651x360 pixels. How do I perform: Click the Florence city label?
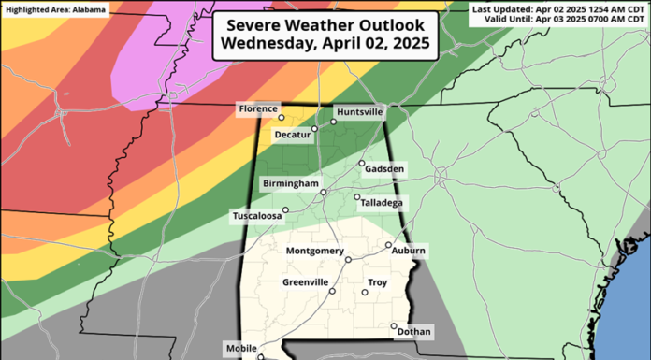click(x=258, y=109)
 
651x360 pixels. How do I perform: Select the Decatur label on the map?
click(x=292, y=135)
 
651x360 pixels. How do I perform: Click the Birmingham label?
click(x=291, y=183)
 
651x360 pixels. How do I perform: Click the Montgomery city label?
click(x=313, y=252)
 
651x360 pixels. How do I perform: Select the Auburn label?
click(x=409, y=252)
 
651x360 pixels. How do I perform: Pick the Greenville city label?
click(x=306, y=281)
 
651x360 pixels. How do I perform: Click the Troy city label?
click(x=378, y=281)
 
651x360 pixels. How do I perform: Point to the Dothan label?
click(x=413, y=331)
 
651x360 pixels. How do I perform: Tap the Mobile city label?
click(x=241, y=349)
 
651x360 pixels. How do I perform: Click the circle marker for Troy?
click(x=365, y=293)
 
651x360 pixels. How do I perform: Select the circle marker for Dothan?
click(x=394, y=325)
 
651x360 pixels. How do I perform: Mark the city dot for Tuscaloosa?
click(x=286, y=210)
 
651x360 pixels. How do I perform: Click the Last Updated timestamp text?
click(x=558, y=8)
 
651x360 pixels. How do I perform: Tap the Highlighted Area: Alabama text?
click(x=55, y=8)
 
